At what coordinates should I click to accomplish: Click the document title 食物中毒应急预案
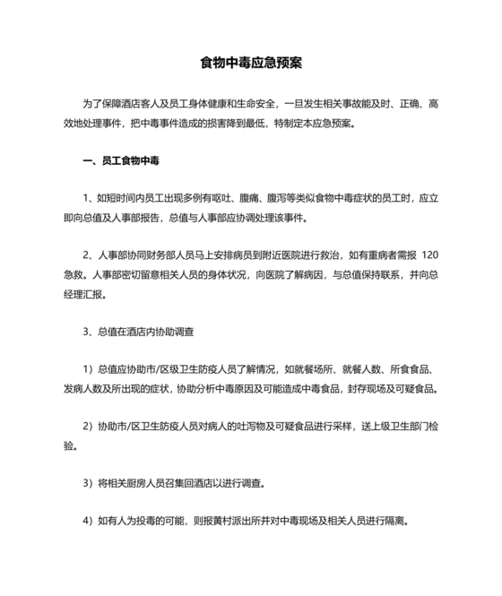250,64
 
